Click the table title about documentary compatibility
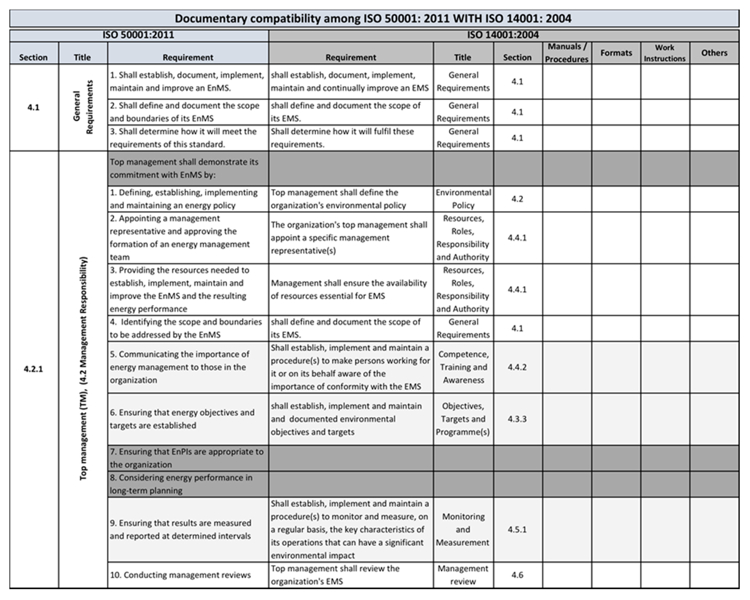[x=373, y=18]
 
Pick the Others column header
[x=714, y=53]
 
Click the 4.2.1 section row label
[x=33, y=369]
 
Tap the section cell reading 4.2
[x=517, y=199]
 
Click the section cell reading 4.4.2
[x=517, y=367]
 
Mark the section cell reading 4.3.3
[x=517, y=419]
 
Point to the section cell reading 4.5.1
[x=517, y=529]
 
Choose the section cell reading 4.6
[x=517, y=575]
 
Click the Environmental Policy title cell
[x=463, y=199]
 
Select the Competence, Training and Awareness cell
[x=463, y=367]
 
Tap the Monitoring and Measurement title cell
[x=463, y=529]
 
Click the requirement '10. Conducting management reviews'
[x=180, y=575]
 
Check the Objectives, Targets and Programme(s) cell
[x=463, y=419]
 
